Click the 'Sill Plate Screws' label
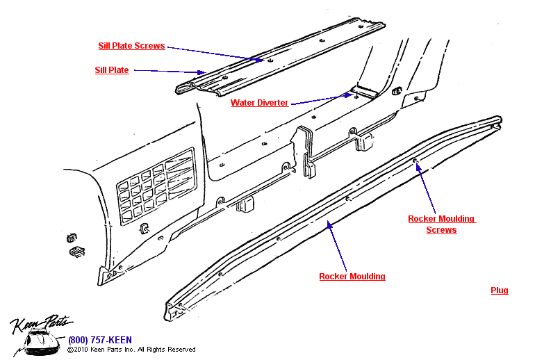point(131,46)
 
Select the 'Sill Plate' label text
point(112,70)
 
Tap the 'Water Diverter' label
point(259,103)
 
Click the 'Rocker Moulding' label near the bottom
point(352,277)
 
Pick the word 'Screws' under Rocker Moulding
point(441,230)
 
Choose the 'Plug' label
point(500,291)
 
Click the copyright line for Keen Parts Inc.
point(132,350)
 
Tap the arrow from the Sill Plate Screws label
point(215,54)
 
